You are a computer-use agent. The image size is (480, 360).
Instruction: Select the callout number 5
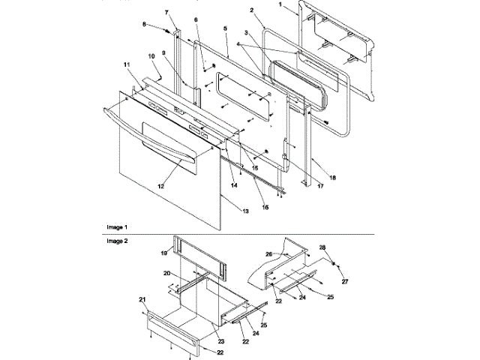click(x=224, y=28)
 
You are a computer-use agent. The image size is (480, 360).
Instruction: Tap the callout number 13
click(x=244, y=212)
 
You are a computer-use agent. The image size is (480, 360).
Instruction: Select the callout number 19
click(x=163, y=254)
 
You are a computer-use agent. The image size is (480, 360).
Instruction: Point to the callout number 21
click(x=141, y=299)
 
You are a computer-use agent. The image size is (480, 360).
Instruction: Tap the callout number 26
click(x=268, y=253)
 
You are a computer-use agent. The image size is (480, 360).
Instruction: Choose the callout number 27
click(x=346, y=281)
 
